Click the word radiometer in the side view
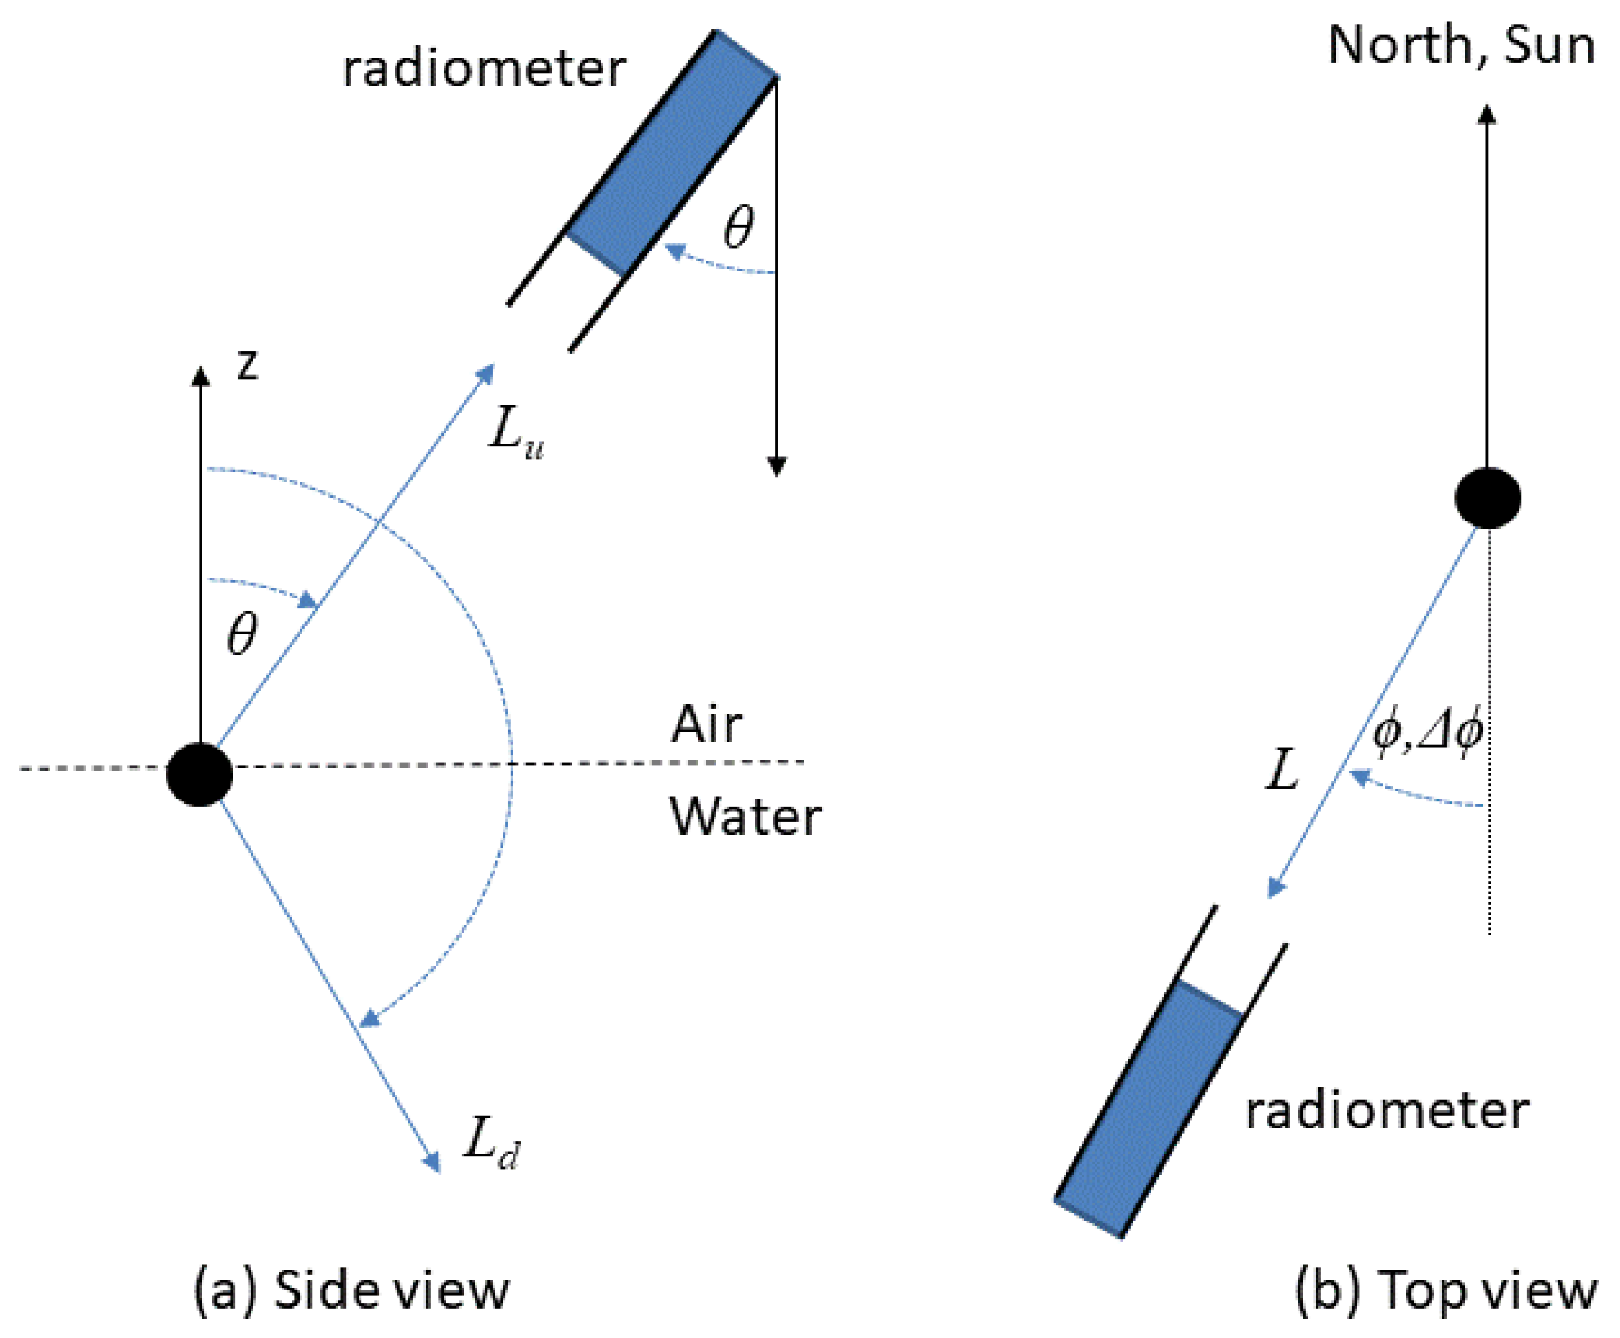point(483,70)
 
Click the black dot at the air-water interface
point(199,775)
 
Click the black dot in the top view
point(1487,498)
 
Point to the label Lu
point(515,433)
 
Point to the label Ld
point(491,1144)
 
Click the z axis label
point(247,365)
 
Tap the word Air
point(706,725)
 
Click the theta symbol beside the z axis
point(241,634)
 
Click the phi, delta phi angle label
point(1427,733)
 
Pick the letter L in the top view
point(1282,770)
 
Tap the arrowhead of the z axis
point(200,376)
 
